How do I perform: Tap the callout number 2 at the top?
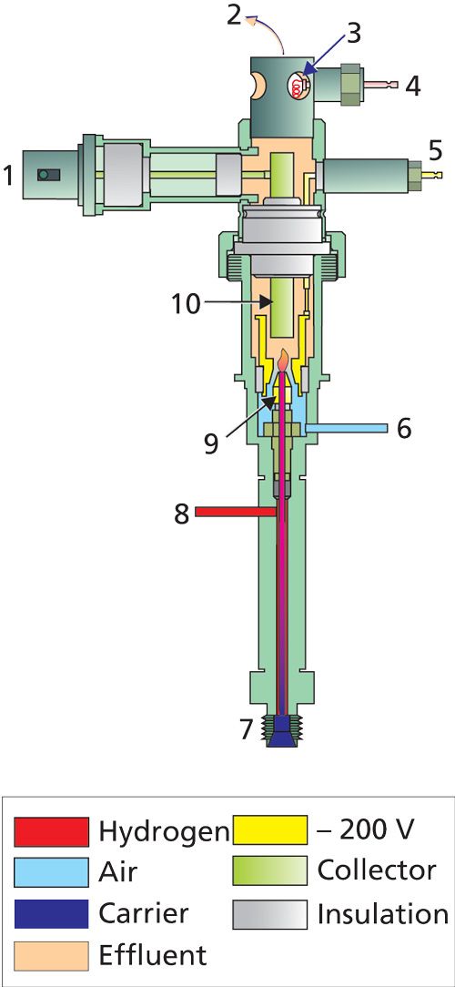coord(234,15)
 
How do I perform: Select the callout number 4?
coord(411,86)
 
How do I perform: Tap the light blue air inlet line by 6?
coord(345,428)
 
